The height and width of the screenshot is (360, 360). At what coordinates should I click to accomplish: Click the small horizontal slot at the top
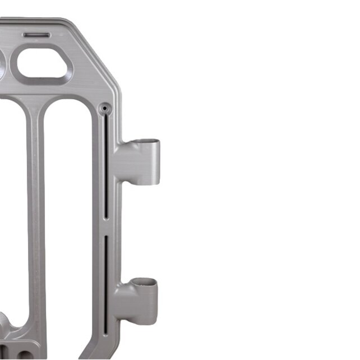point(36,35)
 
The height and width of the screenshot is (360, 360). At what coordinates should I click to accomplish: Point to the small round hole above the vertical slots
point(104,108)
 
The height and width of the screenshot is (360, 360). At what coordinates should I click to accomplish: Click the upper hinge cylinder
point(147,161)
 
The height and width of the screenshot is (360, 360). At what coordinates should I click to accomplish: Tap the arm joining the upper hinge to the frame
point(127,163)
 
